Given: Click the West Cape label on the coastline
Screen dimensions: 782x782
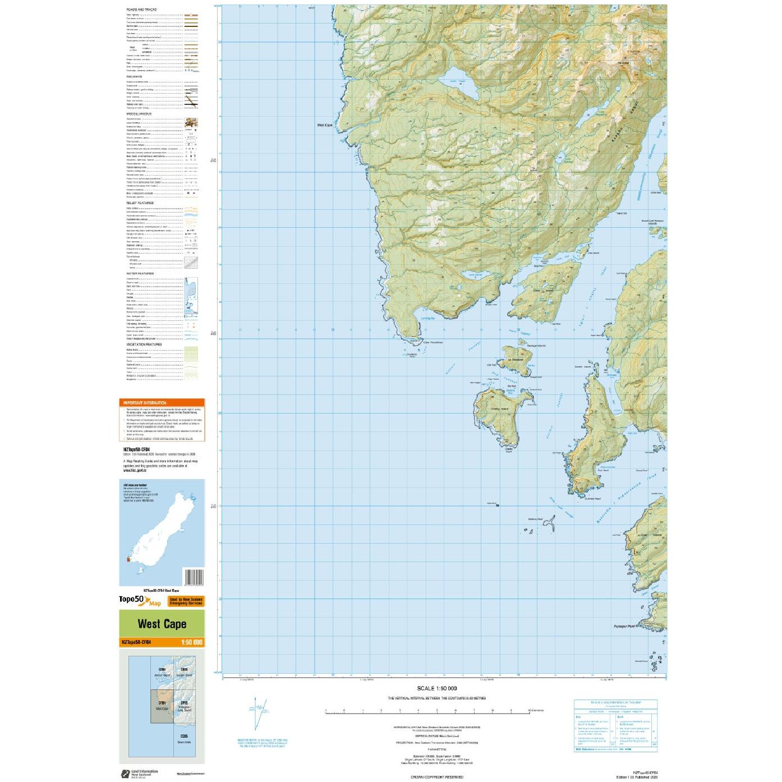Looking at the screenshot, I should pyautogui.click(x=325, y=125).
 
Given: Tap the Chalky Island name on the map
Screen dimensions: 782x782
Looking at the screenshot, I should pyautogui.click(x=499, y=409).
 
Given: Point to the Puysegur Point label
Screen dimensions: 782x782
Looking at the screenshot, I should pyautogui.click(x=624, y=626).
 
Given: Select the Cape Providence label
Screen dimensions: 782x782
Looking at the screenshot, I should pyautogui.click(x=433, y=342).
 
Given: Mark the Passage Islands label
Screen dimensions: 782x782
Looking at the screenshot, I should pyautogui.click(x=536, y=346).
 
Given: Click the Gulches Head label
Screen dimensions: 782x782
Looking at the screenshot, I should pyautogui.click(x=592, y=498).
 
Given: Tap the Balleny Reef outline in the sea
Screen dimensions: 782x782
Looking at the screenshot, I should pyautogui.click(x=549, y=525).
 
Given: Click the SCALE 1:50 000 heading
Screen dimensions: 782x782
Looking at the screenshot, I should pyautogui.click(x=436, y=688).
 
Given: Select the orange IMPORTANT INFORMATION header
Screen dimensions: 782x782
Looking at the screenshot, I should pyautogui.click(x=145, y=403).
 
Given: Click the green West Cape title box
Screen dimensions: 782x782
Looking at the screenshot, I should pyautogui.click(x=162, y=624).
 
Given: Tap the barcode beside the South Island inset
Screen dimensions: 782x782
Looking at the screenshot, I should pyautogui.click(x=194, y=577).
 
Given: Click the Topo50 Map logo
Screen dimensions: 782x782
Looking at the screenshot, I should pyautogui.click(x=140, y=601).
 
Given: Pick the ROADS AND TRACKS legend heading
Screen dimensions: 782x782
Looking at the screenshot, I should pyautogui.click(x=141, y=10).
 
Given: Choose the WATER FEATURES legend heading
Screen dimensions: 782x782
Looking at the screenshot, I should pyautogui.click(x=140, y=274).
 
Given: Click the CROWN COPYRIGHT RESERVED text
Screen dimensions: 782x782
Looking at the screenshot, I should pyautogui.click(x=437, y=777).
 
